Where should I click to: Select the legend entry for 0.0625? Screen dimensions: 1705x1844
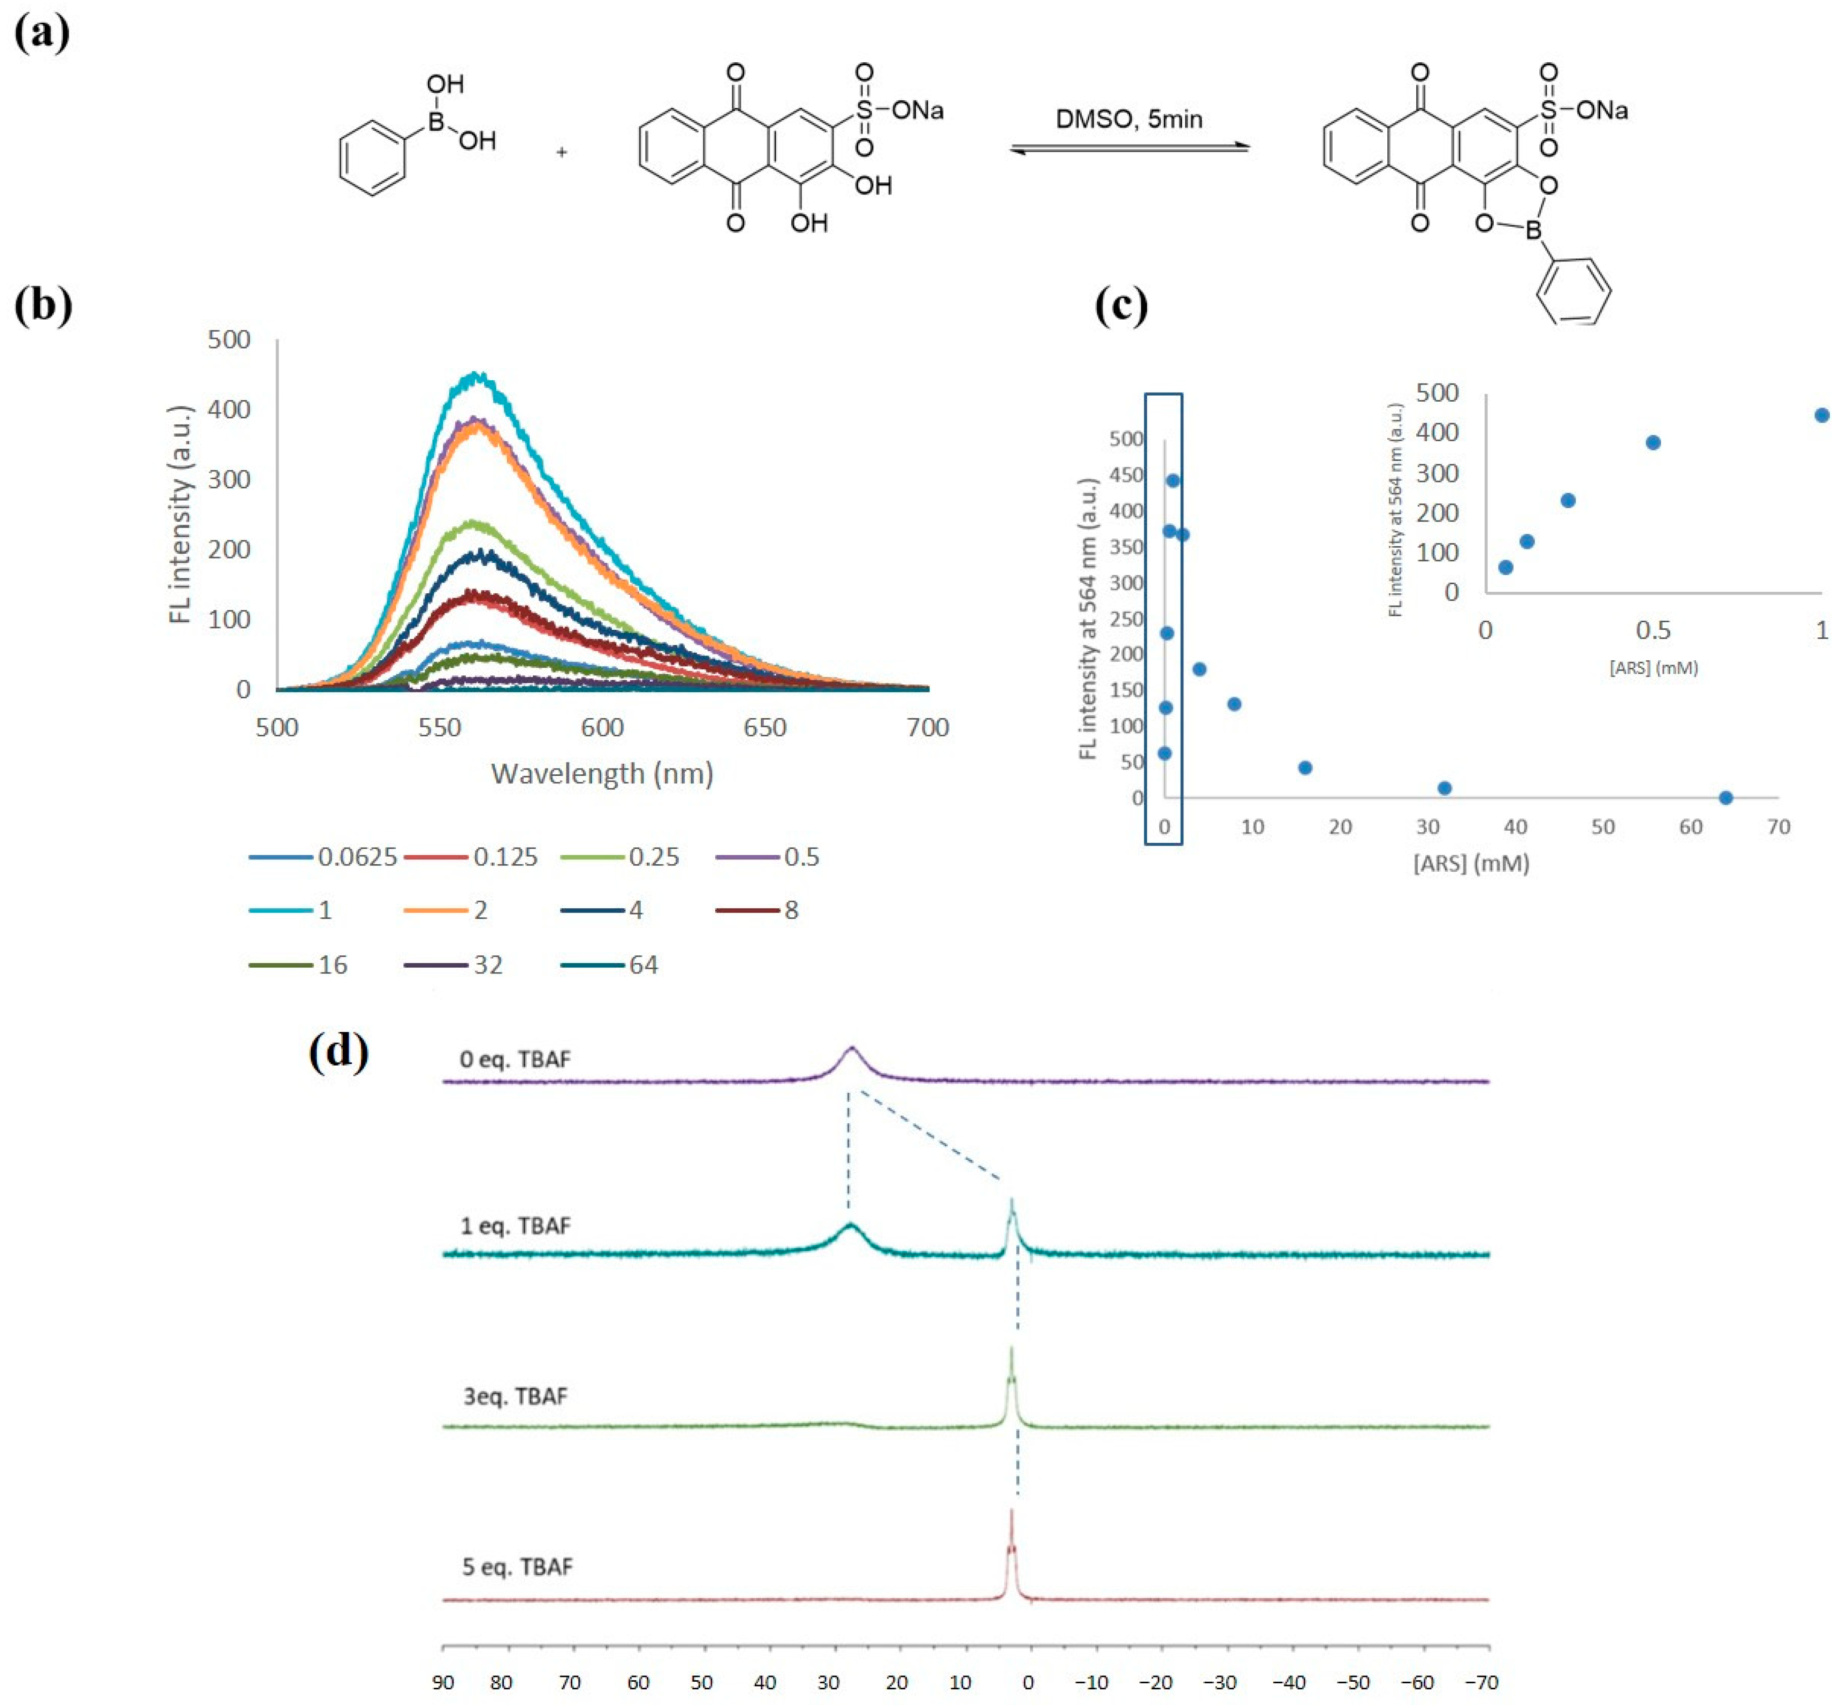(x=323, y=857)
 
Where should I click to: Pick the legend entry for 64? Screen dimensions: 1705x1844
(x=609, y=965)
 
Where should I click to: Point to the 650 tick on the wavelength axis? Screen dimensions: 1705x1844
(x=765, y=728)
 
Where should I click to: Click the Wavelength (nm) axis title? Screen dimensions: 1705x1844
(x=602, y=773)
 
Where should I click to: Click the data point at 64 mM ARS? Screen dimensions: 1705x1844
(x=1725, y=797)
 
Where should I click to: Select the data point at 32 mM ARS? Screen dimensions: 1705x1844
(x=1445, y=788)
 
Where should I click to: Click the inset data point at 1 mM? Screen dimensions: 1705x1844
(x=1821, y=415)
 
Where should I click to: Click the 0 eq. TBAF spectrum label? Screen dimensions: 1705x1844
(x=515, y=1059)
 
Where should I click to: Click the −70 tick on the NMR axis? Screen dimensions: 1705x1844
(x=1481, y=1682)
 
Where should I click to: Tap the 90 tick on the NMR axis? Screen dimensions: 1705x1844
(x=444, y=1682)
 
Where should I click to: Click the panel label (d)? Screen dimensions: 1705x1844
(x=338, y=1051)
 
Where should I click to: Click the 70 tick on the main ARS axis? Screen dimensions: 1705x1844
(x=1777, y=827)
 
